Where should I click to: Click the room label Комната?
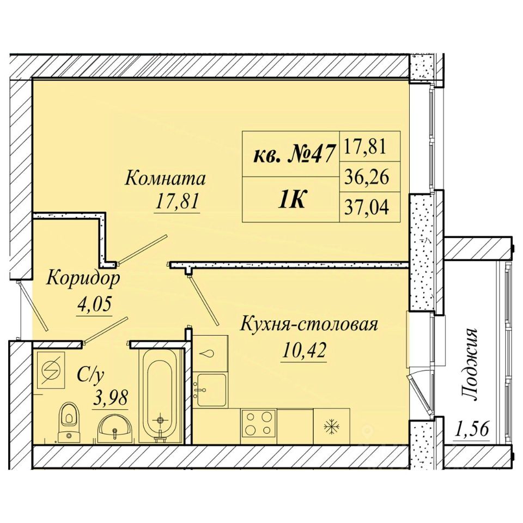pos(165,179)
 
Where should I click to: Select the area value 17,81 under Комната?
pos(177,201)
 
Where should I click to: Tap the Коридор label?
pos(83,278)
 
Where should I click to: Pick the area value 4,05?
pos(94,304)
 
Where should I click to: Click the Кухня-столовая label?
pos(309,324)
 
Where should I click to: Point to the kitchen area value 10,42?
pos(303,350)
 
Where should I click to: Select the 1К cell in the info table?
pos(292,200)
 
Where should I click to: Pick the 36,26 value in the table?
pos(366,177)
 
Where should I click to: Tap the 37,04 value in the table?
pos(366,207)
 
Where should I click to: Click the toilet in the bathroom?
pos(69,422)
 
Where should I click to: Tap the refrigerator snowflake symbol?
pos(332,426)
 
